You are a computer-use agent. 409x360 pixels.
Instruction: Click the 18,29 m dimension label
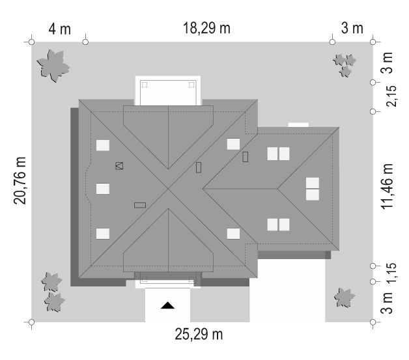pyautogui.click(x=206, y=28)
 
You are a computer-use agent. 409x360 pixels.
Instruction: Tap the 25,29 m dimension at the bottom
pyautogui.click(x=199, y=334)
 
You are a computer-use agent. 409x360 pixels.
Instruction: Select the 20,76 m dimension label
pyautogui.click(x=20, y=181)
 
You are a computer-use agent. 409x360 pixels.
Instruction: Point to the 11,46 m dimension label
pyautogui.click(x=387, y=186)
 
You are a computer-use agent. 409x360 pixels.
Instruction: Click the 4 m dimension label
pyautogui.click(x=59, y=29)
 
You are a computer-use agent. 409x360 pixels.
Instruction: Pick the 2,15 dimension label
pyautogui.click(x=391, y=96)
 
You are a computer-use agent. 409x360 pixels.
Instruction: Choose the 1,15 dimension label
pyautogui.click(x=391, y=273)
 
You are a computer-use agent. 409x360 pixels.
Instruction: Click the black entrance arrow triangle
pyautogui.click(x=167, y=305)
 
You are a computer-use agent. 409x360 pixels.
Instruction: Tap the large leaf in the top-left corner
pyautogui.click(x=53, y=66)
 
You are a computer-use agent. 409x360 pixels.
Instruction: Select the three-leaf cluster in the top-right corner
pyautogui.click(x=345, y=65)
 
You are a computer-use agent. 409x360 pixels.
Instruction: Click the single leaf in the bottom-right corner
pyautogui.click(x=345, y=298)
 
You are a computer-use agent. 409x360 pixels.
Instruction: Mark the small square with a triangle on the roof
pyautogui.click(x=119, y=166)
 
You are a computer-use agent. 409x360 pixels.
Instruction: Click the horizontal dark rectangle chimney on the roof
pyautogui.click(x=140, y=206)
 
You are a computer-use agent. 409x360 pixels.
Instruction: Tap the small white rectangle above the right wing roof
pyautogui.click(x=298, y=125)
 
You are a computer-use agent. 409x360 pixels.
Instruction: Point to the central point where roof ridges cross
pyautogui.click(x=168, y=189)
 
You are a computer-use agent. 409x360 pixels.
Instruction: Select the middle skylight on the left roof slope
pyautogui.click(x=103, y=189)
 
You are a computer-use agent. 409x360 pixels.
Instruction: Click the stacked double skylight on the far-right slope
pyautogui.click(x=313, y=189)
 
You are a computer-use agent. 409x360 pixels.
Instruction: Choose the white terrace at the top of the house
pyautogui.click(x=168, y=90)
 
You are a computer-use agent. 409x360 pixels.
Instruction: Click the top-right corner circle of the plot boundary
pyautogui.click(x=373, y=42)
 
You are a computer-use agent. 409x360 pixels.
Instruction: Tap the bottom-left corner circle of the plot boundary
pyautogui.click(x=31, y=322)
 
